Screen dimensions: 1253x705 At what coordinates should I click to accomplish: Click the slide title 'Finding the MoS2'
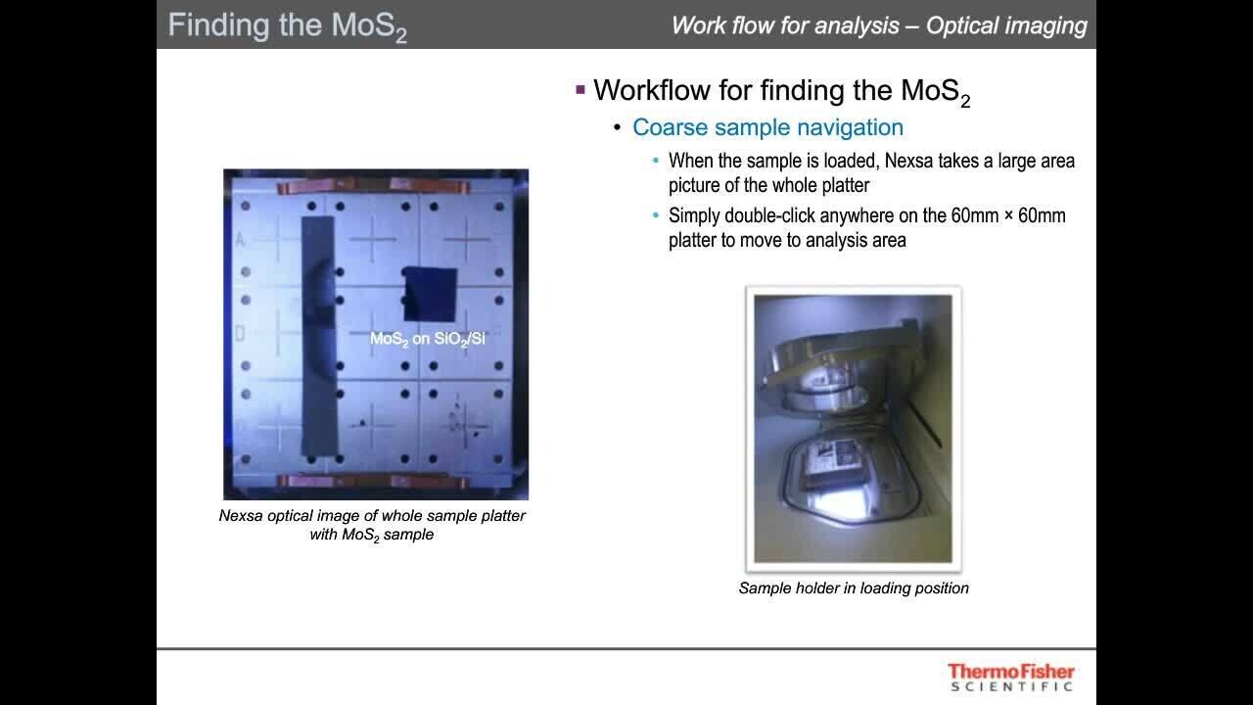[x=288, y=26]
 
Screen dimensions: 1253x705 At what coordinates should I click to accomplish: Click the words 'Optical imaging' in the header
[x=1006, y=25]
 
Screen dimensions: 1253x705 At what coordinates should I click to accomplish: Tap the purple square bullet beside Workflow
[x=580, y=89]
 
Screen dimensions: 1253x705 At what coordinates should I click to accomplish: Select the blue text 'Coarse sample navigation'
[x=767, y=127]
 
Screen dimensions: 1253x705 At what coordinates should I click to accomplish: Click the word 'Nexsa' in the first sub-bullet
[x=909, y=162]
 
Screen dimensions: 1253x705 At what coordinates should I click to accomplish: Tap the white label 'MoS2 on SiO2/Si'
[x=428, y=339]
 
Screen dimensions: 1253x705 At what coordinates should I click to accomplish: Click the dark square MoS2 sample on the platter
[x=430, y=294]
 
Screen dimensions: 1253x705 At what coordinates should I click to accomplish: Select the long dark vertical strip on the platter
[x=319, y=336]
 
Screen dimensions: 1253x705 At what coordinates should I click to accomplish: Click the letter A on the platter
[x=240, y=240]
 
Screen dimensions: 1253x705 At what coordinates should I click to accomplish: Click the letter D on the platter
[x=240, y=334]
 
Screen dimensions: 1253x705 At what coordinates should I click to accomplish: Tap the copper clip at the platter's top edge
[x=373, y=186]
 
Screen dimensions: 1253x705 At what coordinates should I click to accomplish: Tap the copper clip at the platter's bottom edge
[x=373, y=481]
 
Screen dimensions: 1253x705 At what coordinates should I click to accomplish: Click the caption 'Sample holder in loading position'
[x=854, y=588]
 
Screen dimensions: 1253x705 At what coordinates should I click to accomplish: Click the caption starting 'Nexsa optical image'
[x=372, y=525]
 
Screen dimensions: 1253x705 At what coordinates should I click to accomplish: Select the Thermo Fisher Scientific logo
[x=1011, y=677]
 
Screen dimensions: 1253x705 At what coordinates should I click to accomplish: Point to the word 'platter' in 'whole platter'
[x=845, y=186]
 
